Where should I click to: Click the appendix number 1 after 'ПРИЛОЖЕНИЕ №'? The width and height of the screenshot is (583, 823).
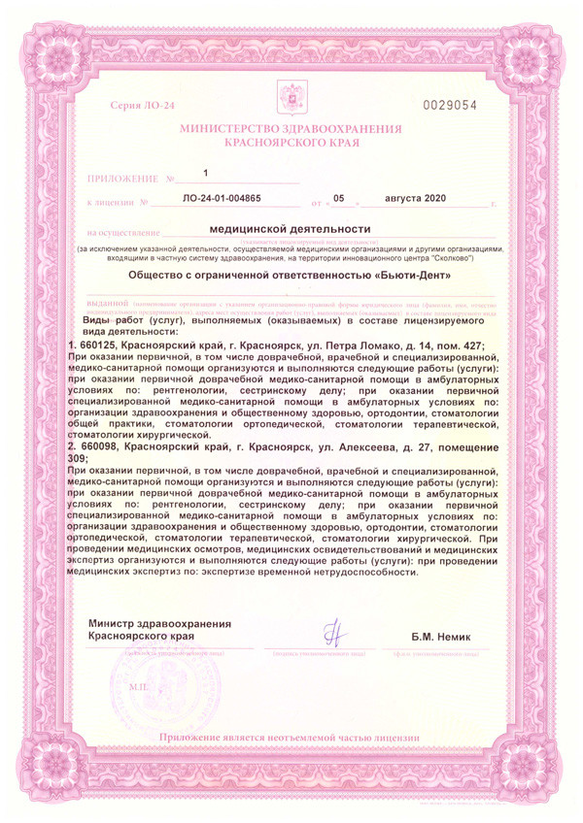point(206,173)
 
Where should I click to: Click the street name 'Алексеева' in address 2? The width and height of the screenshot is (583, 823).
point(365,445)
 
